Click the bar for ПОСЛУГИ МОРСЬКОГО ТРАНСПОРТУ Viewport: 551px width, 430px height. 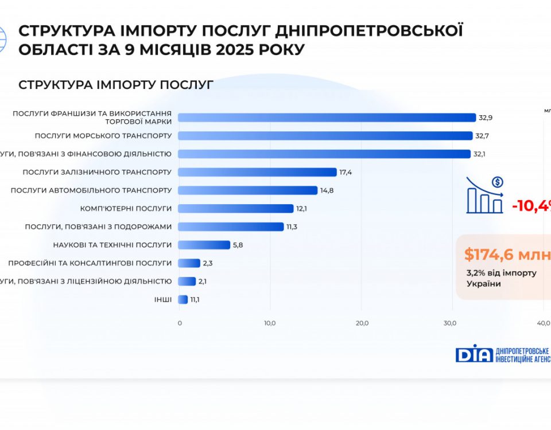(325, 136)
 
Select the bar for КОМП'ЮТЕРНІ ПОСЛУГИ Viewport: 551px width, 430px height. (236, 209)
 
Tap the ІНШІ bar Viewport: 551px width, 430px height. (183, 299)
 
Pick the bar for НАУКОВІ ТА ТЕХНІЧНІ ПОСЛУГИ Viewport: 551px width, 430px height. (204, 245)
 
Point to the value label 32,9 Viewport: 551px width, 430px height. (486, 118)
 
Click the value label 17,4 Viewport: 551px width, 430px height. (346, 172)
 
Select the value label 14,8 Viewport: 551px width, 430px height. (326, 190)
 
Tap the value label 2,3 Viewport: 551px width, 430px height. (208, 263)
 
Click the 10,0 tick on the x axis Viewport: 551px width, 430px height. (270, 323)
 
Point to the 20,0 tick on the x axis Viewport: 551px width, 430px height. (362, 323)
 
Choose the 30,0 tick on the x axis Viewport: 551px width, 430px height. (451, 323)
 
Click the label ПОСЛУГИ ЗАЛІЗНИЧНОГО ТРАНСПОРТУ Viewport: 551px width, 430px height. (97, 172)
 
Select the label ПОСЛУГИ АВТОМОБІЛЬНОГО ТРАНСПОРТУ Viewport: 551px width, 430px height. (91, 190)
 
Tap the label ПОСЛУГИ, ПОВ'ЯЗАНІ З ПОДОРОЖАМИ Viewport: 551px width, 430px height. (98, 226)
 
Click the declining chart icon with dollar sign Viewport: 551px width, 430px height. (484, 195)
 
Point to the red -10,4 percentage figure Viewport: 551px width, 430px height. (531, 205)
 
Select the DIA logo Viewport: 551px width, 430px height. (474, 353)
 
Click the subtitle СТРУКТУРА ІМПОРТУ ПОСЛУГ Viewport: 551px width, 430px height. (116, 85)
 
